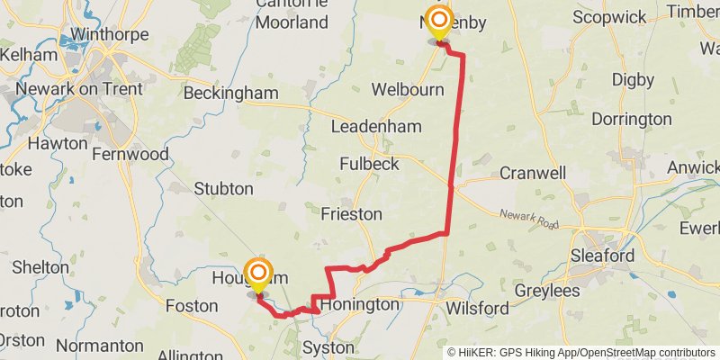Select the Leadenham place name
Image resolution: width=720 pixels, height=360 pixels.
[x=375, y=127]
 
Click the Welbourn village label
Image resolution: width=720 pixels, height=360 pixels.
[x=408, y=90]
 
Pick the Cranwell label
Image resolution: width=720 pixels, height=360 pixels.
[x=533, y=172]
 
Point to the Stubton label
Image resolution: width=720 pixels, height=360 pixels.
[x=223, y=188]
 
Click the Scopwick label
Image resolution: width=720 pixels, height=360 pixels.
[x=610, y=17]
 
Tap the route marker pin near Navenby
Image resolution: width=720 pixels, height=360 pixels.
[x=438, y=22]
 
